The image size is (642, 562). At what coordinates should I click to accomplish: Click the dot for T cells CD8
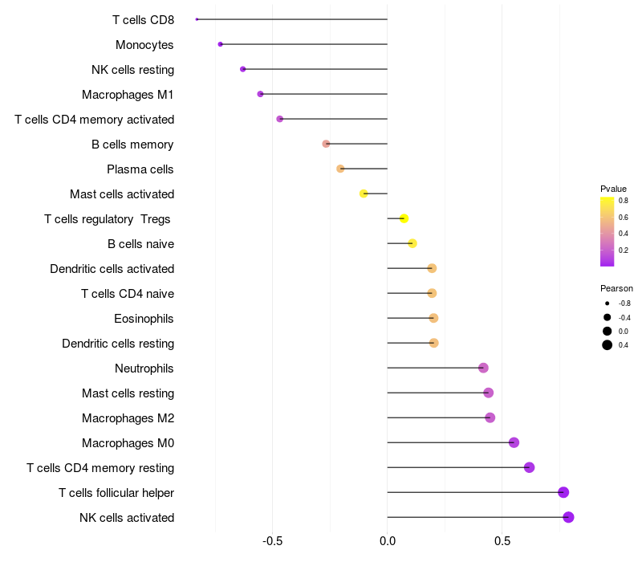(x=197, y=19)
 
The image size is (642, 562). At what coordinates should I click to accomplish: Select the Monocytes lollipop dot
(x=220, y=44)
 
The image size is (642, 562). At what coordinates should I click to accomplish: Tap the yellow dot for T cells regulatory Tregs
(x=404, y=218)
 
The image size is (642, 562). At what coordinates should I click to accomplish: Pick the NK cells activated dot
(x=568, y=517)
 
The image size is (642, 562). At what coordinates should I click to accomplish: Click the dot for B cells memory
(x=326, y=144)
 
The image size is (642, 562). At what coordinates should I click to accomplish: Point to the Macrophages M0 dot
(x=514, y=442)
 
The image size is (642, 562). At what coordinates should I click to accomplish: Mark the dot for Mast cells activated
(x=364, y=193)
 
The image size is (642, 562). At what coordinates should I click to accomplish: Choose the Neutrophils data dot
(x=483, y=368)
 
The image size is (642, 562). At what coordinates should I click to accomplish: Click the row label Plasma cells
(x=140, y=169)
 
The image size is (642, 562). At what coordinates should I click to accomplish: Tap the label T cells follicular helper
(x=116, y=493)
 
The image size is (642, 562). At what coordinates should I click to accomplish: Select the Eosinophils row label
(x=144, y=319)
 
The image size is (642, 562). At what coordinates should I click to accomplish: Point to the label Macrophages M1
(x=128, y=95)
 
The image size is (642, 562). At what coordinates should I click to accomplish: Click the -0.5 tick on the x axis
(x=272, y=541)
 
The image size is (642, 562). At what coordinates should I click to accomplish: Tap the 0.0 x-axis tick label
(x=388, y=541)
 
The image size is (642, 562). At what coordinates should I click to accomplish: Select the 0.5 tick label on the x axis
(x=502, y=541)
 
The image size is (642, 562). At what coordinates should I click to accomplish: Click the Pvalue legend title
(x=613, y=189)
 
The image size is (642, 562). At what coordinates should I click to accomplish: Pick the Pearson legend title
(x=616, y=288)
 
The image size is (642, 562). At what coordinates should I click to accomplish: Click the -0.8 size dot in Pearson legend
(x=607, y=303)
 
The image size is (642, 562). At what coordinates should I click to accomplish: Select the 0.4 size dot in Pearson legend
(x=607, y=345)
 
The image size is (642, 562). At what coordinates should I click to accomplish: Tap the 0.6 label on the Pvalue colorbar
(x=624, y=217)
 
